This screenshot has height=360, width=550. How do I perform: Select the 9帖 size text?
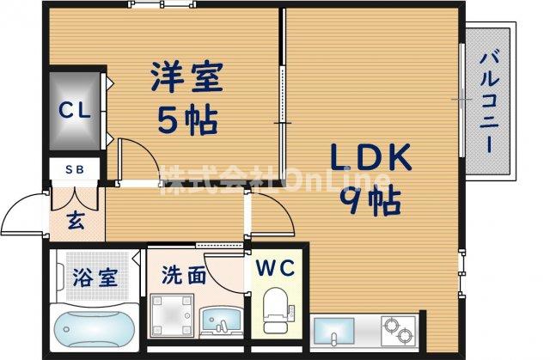point(372,201)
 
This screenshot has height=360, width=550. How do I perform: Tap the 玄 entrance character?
point(76,220)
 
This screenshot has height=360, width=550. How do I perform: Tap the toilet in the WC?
point(276,314)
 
